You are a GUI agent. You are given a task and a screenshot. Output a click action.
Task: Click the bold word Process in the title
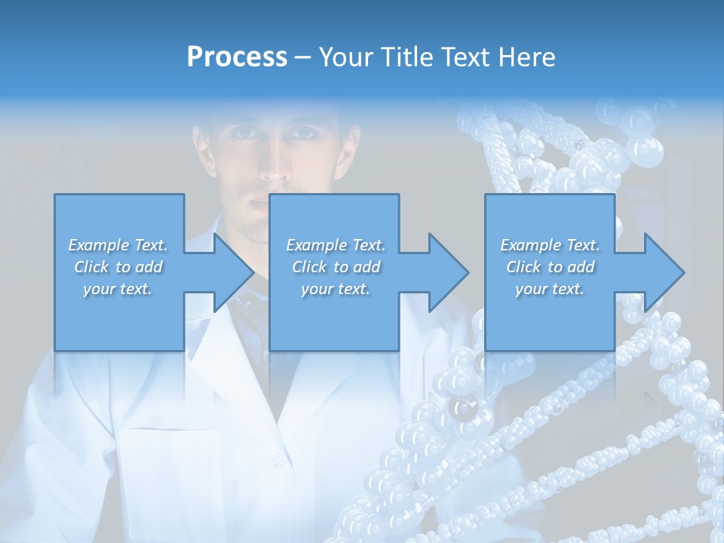pos(237,57)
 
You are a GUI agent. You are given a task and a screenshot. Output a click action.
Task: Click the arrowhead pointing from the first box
pos(229,272)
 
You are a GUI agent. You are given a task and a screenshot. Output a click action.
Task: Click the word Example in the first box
pos(99,245)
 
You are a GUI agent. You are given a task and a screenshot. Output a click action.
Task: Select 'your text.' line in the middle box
pos(336,289)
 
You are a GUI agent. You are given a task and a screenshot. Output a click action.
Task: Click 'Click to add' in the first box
pos(118,267)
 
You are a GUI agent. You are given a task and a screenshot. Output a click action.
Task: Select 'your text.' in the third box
pos(550,289)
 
